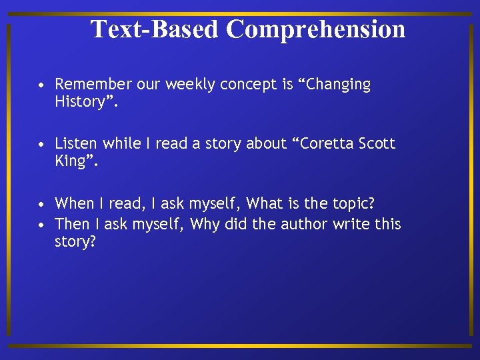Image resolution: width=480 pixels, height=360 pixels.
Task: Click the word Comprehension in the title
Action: [315, 29]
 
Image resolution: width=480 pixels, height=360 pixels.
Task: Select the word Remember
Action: [93, 85]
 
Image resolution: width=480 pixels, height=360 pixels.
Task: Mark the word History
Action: [80, 102]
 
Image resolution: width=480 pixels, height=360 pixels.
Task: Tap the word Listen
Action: [76, 143]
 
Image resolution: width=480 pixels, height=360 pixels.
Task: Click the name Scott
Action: [377, 143]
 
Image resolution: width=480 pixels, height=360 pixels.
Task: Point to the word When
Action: [75, 203]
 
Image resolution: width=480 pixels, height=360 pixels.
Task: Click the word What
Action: [265, 203]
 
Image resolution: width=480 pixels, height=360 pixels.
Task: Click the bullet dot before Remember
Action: [42, 85]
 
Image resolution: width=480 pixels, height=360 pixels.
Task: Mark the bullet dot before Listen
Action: [42, 144]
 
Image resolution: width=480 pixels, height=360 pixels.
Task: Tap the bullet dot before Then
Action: [42, 224]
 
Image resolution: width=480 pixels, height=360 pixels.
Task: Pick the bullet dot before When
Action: [42, 204]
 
